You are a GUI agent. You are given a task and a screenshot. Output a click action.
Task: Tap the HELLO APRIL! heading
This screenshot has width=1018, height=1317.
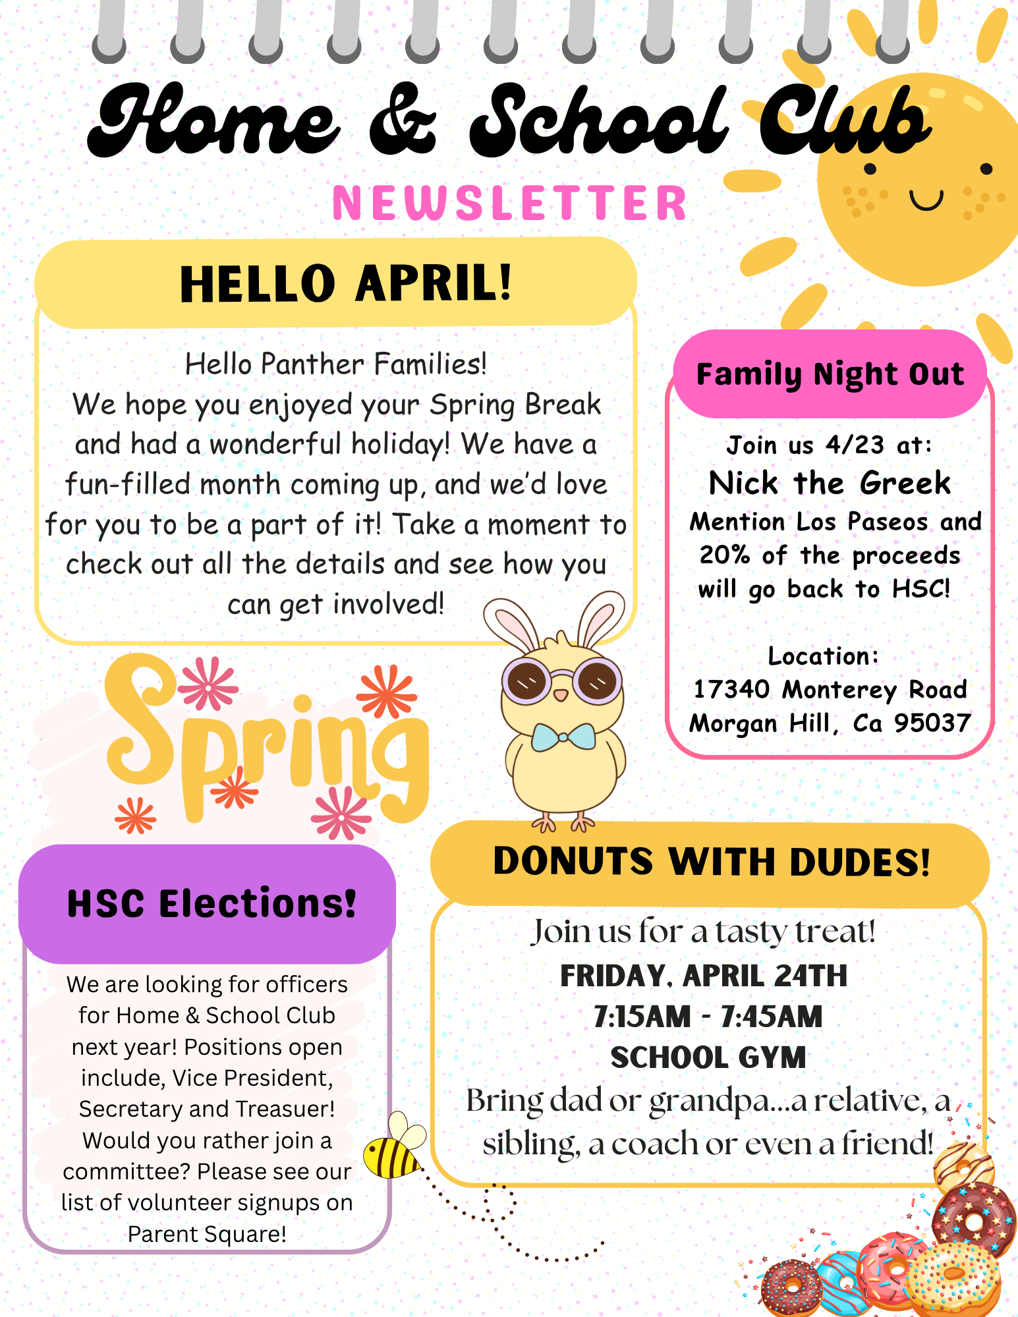(x=345, y=284)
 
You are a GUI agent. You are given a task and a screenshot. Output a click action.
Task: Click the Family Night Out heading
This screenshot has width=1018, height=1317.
(x=830, y=374)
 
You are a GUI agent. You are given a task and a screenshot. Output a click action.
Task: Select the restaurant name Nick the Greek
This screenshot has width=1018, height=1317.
(x=830, y=484)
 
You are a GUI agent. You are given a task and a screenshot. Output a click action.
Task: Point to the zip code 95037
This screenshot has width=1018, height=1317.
(x=932, y=723)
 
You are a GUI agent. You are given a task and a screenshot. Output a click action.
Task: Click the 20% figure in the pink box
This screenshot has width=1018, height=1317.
(x=724, y=555)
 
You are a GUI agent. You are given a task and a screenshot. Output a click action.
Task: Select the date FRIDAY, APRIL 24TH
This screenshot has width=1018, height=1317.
(x=704, y=976)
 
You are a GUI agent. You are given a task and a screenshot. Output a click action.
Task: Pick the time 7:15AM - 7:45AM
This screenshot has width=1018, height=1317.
(x=708, y=1017)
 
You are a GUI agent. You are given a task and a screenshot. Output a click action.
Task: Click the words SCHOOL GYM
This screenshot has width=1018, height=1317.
(x=708, y=1058)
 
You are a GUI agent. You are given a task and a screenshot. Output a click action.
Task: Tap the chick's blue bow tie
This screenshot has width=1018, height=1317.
(x=563, y=737)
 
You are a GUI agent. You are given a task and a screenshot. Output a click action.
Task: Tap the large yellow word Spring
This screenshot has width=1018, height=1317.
(x=267, y=741)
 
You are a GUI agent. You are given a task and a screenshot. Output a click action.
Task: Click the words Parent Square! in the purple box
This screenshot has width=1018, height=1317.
(x=207, y=1234)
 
